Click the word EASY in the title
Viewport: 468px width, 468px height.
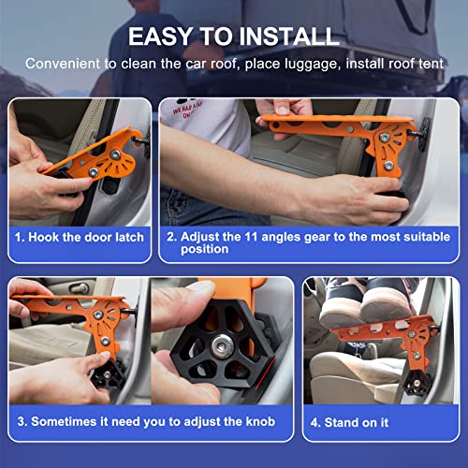pos(164,37)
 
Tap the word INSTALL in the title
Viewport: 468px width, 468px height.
pos(286,37)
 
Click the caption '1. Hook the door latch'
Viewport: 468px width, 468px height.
pos(79,237)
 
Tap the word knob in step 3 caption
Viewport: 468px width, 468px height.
pos(259,422)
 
